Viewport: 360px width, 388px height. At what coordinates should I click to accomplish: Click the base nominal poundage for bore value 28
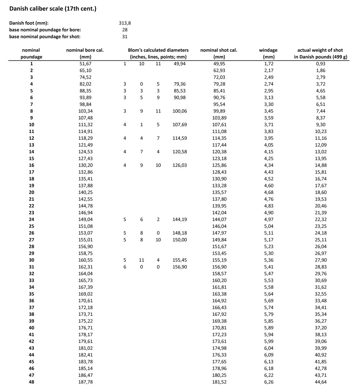(x=125, y=30)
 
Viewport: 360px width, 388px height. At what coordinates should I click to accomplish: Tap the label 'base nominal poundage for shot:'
(x=45, y=36)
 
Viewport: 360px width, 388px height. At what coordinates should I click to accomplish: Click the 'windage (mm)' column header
(x=268, y=53)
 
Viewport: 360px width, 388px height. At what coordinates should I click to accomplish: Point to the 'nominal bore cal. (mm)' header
(x=85, y=53)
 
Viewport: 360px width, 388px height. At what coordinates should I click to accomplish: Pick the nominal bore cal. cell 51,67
(x=85, y=64)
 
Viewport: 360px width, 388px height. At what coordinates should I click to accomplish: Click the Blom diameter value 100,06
(x=180, y=111)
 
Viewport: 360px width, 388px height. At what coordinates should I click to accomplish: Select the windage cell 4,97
(x=268, y=219)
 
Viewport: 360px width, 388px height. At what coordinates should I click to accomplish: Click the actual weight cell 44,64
(x=320, y=382)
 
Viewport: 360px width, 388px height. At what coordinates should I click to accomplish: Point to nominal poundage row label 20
(x=32, y=192)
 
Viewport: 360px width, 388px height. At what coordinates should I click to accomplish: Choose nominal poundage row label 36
(x=32, y=301)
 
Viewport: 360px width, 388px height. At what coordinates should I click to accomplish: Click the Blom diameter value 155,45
(x=180, y=260)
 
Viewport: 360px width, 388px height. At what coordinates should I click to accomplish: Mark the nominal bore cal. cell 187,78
(x=85, y=382)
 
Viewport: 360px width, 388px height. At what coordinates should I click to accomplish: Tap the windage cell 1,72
(x=268, y=64)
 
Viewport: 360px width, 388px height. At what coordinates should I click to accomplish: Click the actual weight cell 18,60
(x=320, y=192)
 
